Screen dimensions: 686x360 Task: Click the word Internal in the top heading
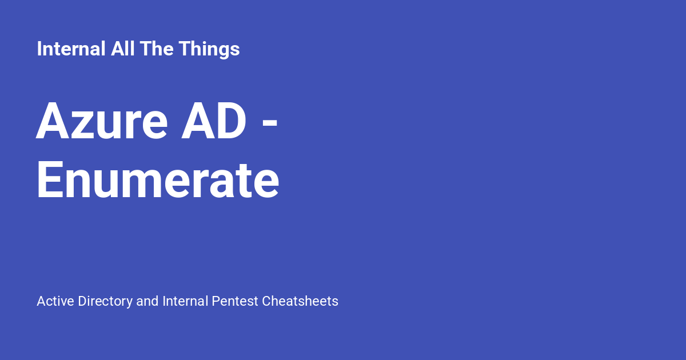[x=71, y=49]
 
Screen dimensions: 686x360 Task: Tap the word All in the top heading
[x=122, y=49]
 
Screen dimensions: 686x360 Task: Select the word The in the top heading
[x=157, y=49]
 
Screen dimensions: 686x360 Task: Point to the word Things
[x=209, y=50]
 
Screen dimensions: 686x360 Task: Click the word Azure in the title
[x=102, y=121]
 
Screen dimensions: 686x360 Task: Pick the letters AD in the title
[x=214, y=121]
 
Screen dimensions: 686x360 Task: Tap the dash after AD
[x=270, y=125]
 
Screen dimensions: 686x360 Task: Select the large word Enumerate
[x=158, y=179]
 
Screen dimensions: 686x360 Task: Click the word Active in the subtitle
[x=55, y=301]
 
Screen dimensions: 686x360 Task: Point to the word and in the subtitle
[x=147, y=301]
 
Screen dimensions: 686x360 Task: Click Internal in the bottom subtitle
[x=185, y=301]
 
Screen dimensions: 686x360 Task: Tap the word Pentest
[x=235, y=301]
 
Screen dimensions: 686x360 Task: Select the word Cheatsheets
[x=300, y=301]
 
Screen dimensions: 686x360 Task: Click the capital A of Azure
[x=53, y=121]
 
